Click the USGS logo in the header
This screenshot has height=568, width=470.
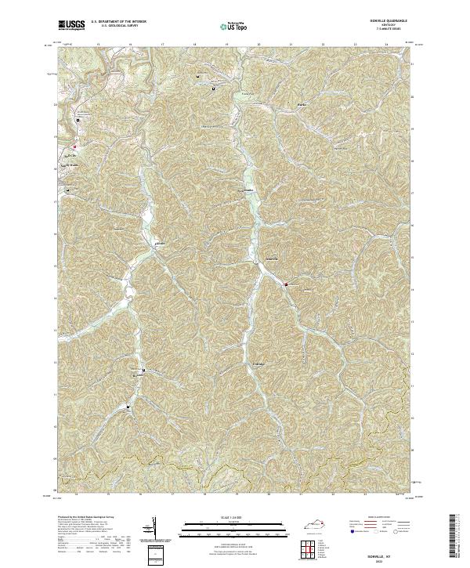(72, 25)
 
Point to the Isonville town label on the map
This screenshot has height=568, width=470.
(268, 259)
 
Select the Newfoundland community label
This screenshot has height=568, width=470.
(247, 190)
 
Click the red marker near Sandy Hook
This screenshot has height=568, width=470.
(75, 147)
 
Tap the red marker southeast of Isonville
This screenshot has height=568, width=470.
(286, 284)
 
